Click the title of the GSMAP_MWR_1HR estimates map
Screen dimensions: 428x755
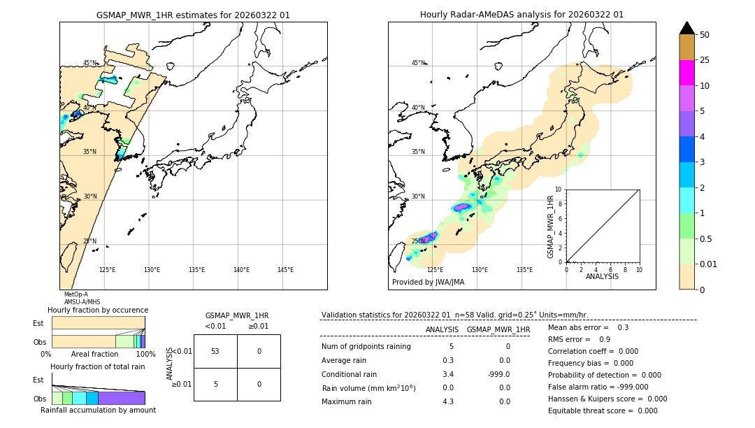(193, 15)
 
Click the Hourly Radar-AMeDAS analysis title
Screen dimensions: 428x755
(522, 15)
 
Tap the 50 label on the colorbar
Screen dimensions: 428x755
(705, 35)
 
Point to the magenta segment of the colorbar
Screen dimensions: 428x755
(686, 73)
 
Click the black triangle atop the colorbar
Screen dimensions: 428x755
(686, 28)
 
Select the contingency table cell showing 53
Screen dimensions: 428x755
(215, 351)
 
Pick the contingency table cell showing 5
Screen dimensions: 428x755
(215, 384)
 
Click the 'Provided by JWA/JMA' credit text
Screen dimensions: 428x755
(428, 282)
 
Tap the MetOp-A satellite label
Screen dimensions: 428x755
(75, 294)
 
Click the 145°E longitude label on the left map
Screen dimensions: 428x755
(285, 270)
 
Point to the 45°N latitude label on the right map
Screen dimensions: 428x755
(418, 63)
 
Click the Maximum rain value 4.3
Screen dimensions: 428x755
(447, 401)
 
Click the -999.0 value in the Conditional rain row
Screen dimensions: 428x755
(499, 374)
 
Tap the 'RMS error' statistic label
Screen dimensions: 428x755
(569, 339)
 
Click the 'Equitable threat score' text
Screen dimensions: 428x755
(592, 411)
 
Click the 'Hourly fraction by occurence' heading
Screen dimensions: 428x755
(98, 310)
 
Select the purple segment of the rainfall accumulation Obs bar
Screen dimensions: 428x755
(121, 398)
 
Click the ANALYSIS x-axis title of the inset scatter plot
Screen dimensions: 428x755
(602, 276)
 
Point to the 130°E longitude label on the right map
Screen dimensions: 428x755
(480, 270)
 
